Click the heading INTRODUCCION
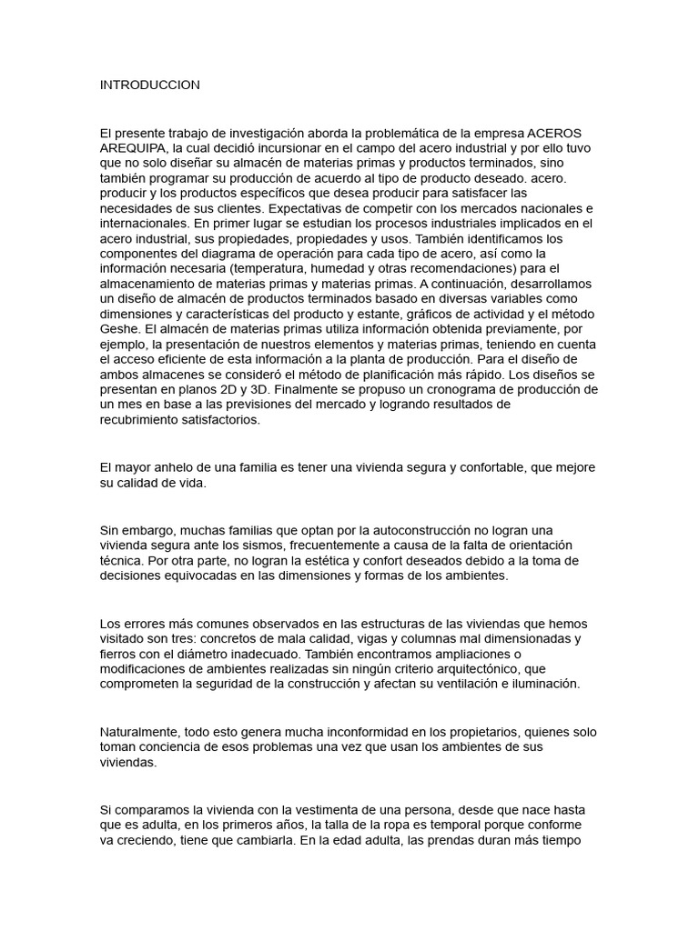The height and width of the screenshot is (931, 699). (149, 85)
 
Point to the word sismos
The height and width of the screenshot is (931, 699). (263, 545)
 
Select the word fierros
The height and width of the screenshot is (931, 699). (119, 653)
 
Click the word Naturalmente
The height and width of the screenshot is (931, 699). (140, 731)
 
